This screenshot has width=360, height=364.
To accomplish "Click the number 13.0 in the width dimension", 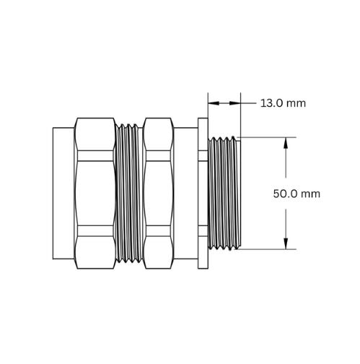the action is (271, 103).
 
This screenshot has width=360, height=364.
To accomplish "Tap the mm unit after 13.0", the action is (297, 104).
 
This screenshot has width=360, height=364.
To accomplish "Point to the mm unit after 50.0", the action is (311, 194).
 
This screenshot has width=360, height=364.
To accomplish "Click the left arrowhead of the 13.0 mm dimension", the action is (214, 103).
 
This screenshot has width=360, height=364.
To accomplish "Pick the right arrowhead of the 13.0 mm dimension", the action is (235, 103).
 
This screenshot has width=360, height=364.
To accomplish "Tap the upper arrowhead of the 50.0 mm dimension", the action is (286, 143).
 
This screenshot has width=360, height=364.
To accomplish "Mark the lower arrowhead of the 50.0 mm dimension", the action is (286, 243).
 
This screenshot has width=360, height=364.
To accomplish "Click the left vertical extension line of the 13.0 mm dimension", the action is (208, 105).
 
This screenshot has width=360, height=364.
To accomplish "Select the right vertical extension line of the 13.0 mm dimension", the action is (240, 115).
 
